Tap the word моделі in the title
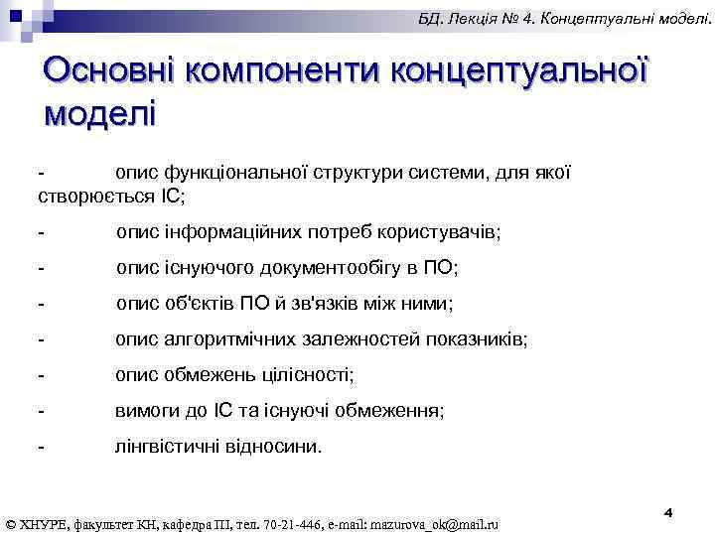click(x=100, y=111)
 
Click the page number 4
click(x=668, y=511)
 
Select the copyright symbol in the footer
click(x=11, y=523)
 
